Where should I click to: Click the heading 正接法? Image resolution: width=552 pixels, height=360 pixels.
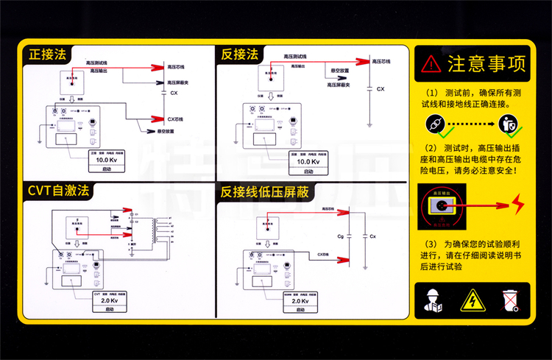coord(47,54)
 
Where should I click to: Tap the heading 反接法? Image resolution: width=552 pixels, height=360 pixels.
coord(240,54)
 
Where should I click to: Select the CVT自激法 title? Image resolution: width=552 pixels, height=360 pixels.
coord(58,191)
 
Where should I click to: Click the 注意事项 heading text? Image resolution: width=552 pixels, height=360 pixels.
coord(486,63)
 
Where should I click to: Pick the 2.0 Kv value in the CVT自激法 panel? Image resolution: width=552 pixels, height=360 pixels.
coord(109,301)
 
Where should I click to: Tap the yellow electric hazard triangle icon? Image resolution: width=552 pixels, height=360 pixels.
coord(471,300)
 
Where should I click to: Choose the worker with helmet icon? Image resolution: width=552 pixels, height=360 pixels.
coord(434,300)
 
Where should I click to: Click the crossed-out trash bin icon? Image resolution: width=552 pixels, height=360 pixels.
coord(510,300)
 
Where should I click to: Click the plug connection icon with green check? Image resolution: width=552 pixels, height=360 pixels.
coord(436,124)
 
